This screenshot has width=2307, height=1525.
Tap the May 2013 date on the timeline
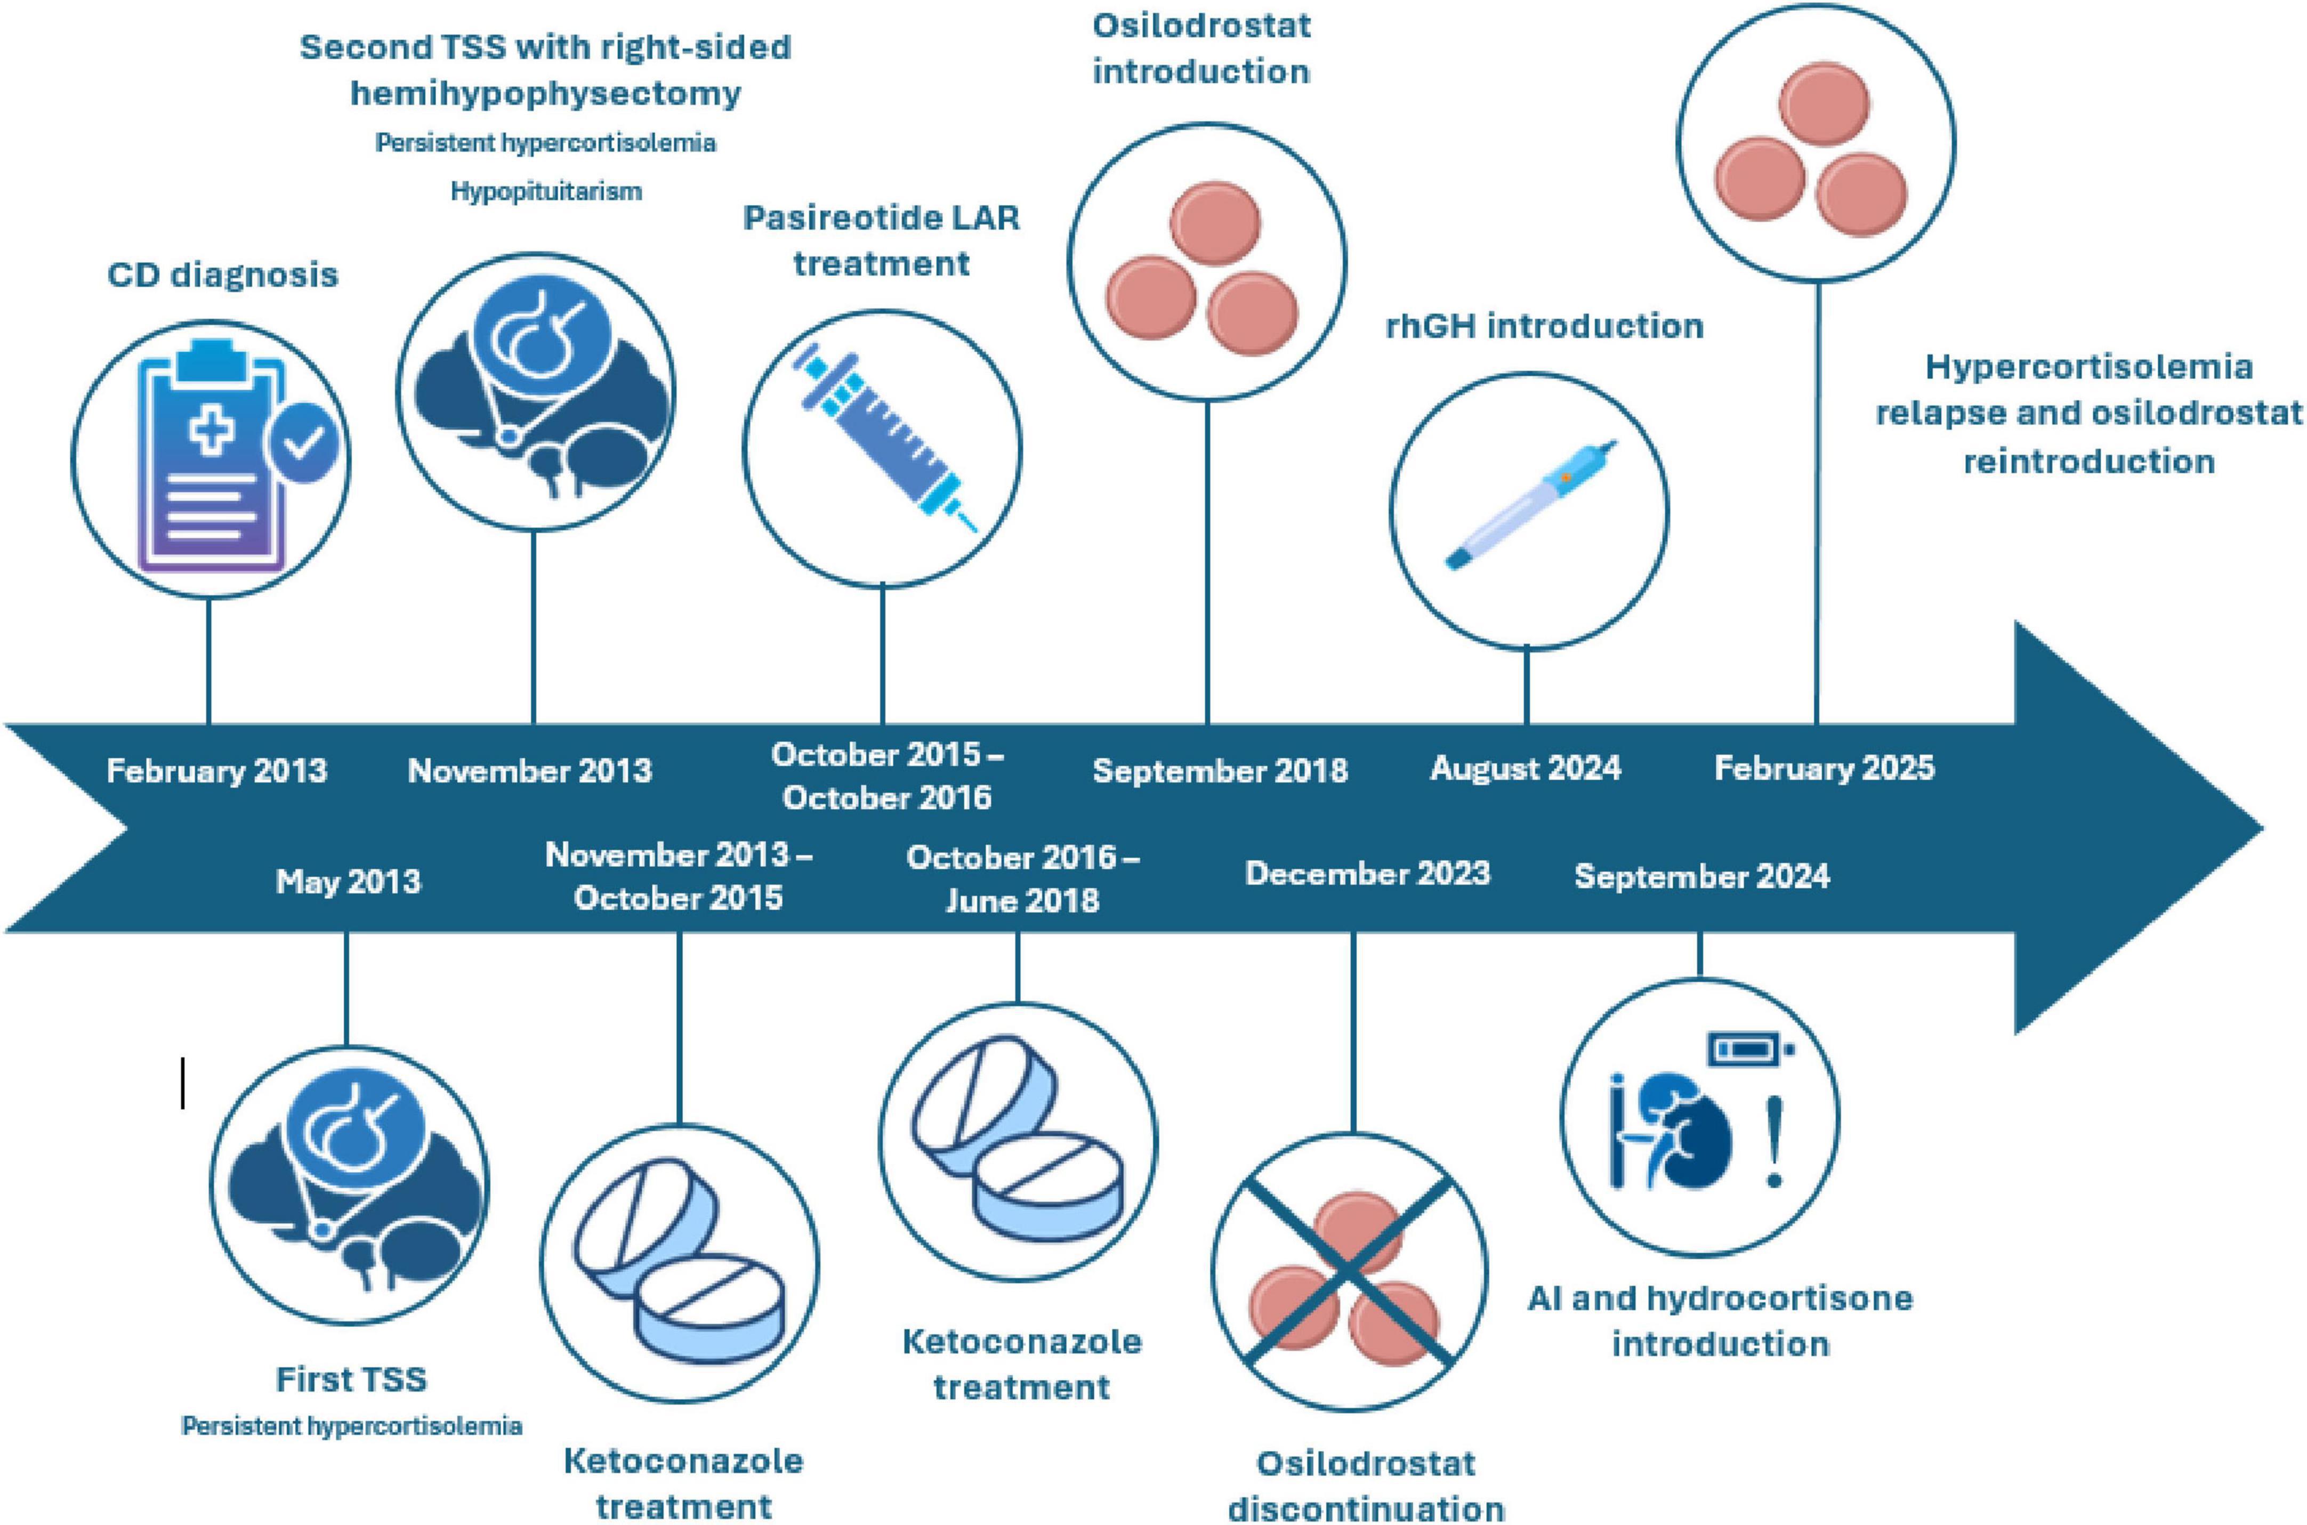[x=348, y=881]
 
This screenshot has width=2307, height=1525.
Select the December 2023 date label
[x=1367, y=874]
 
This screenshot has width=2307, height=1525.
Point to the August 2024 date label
[x=1525, y=768]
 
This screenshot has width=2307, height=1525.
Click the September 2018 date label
[x=1220, y=770]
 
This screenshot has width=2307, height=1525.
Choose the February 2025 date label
[x=1824, y=768]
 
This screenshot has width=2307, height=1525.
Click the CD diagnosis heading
[x=223, y=275]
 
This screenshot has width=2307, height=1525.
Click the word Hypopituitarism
[x=546, y=191]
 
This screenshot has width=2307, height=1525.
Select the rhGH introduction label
[x=1544, y=326]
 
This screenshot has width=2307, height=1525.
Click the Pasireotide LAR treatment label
[x=881, y=240]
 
